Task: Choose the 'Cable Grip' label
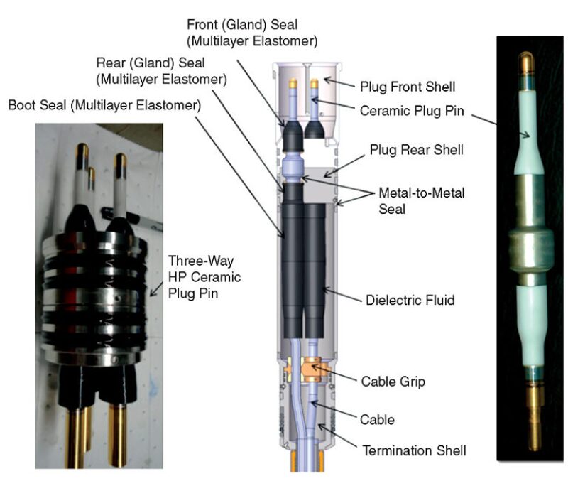tap(393, 382)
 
